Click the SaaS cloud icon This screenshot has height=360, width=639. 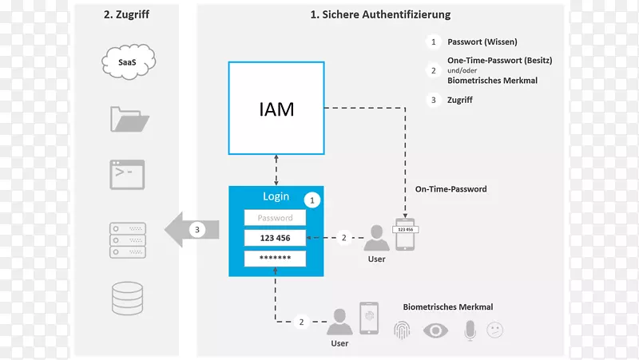pyautogui.click(x=127, y=61)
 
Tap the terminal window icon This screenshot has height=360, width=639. pyautogui.click(x=127, y=173)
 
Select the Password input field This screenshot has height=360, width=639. pyautogui.click(x=275, y=218)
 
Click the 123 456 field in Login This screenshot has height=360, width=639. pyautogui.click(x=275, y=238)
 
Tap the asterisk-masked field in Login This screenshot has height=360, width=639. pyautogui.click(x=275, y=259)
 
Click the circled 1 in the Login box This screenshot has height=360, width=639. pyautogui.click(x=313, y=200)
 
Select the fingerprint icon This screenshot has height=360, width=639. pyautogui.click(x=402, y=330)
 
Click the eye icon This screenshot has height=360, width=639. pyautogui.click(x=435, y=330)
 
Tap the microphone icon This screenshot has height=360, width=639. pyautogui.click(x=470, y=330)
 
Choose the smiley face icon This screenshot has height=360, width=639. pyautogui.click(x=495, y=330)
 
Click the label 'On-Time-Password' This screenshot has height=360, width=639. pyautogui.click(x=450, y=190)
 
